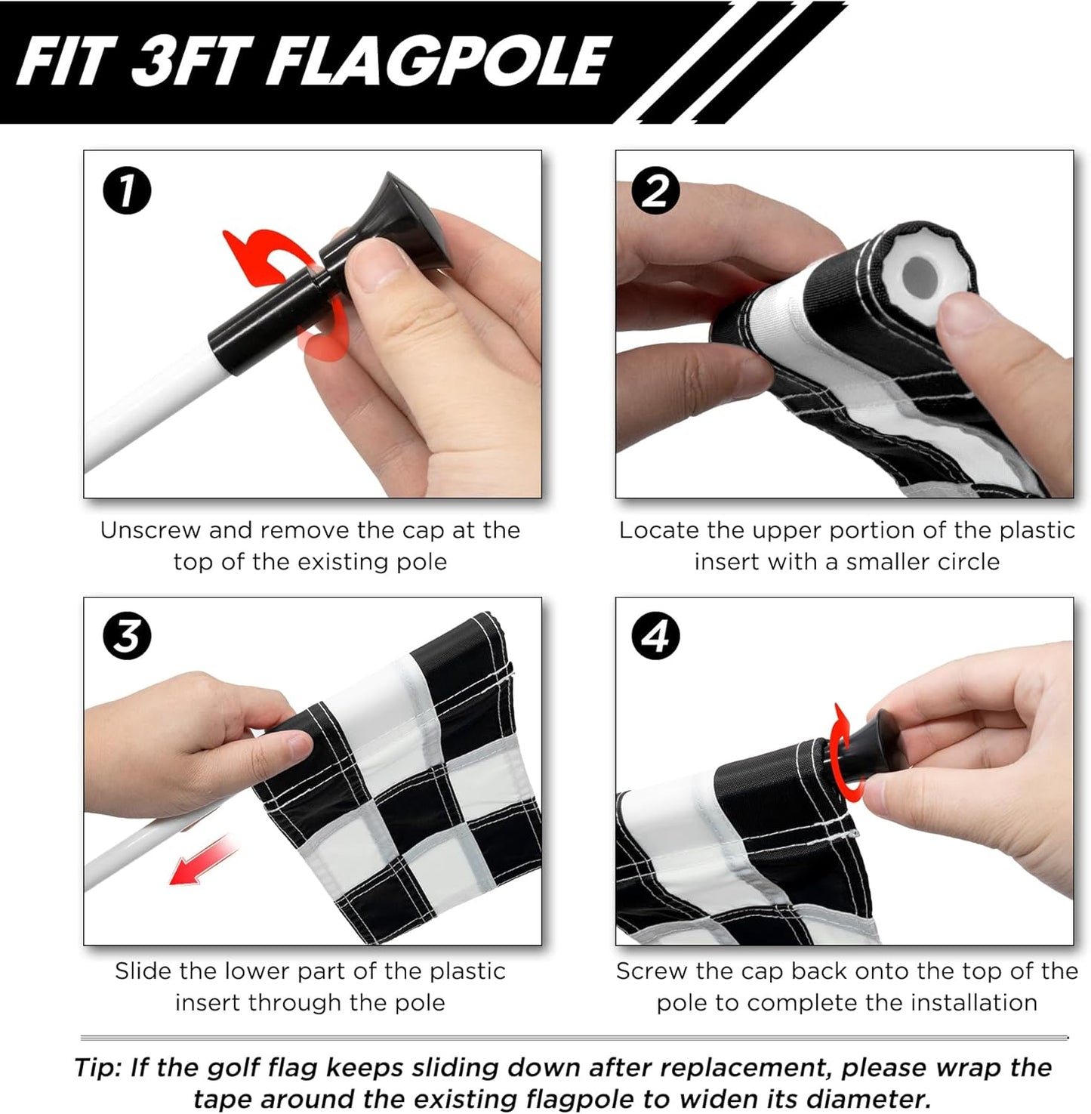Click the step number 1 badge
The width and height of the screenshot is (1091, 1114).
pyautogui.click(x=127, y=190)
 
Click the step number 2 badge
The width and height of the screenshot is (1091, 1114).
pyautogui.click(x=655, y=190)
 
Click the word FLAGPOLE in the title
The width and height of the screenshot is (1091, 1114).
pyautogui.click(x=438, y=62)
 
